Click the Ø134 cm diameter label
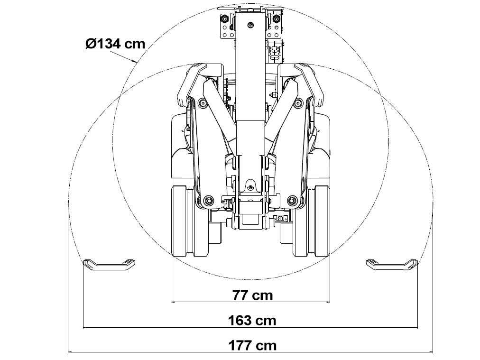click(115, 44)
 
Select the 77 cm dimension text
click(252, 295)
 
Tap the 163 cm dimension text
click(252, 321)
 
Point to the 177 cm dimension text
click(252, 346)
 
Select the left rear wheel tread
click(183, 221)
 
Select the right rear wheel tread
click(318, 221)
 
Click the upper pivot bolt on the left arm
click(203, 103)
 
